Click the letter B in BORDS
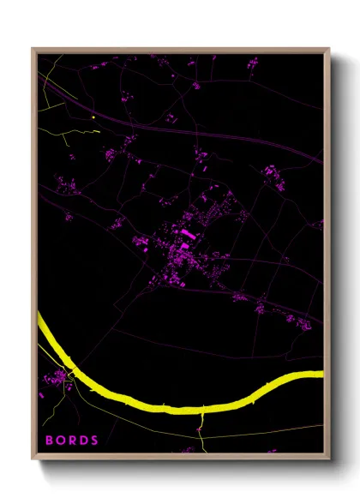[49, 440]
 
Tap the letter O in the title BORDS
[61, 440]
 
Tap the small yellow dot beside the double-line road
[93, 117]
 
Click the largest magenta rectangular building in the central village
[186, 232]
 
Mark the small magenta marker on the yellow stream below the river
[199, 428]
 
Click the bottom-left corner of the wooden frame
[33, 460]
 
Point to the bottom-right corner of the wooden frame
[328, 460]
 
